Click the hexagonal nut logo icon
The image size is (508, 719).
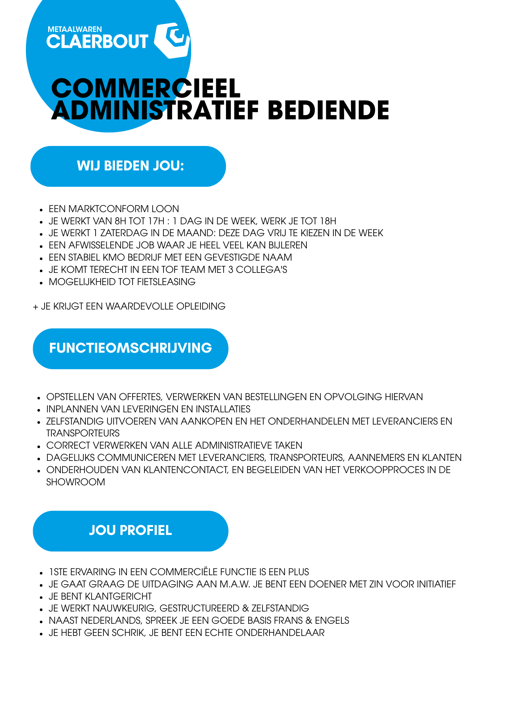(x=172, y=40)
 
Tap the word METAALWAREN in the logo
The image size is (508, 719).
(x=75, y=29)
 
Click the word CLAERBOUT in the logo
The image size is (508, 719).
(x=97, y=42)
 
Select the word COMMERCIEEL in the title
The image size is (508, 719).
(x=146, y=88)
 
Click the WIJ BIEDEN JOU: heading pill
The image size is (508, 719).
(x=128, y=166)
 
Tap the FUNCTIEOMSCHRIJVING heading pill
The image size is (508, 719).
(x=130, y=348)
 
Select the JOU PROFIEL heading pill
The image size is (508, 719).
(x=130, y=531)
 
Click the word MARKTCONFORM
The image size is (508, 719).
(x=108, y=209)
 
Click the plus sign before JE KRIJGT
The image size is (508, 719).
(x=36, y=307)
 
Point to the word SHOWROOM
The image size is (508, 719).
(x=76, y=482)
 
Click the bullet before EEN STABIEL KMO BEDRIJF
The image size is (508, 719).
(x=41, y=258)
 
